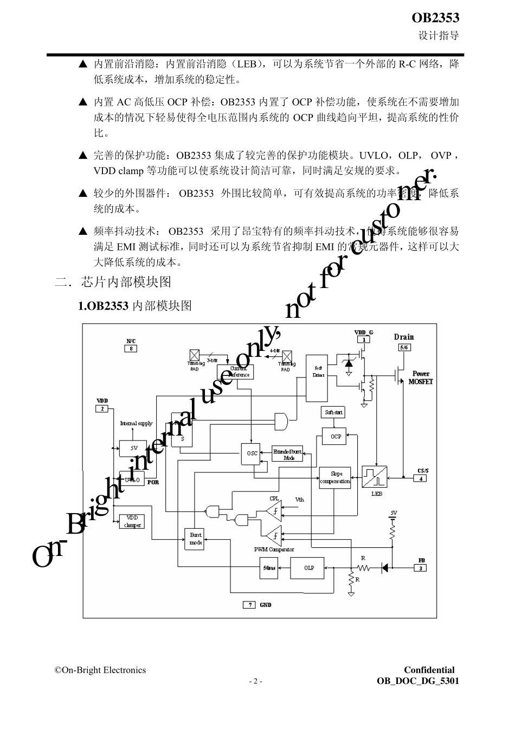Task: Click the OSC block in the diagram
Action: tap(252, 453)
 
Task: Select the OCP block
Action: tap(336, 436)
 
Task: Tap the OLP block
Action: tap(308, 568)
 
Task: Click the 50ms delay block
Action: tap(269, 568)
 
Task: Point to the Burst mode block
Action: tap(195, 538)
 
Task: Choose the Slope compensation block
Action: tap(335, 478)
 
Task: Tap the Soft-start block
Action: tap(333, 412)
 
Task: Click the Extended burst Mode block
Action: tap(288, 455)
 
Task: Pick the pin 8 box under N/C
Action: tap(131, 348)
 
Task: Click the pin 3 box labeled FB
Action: tap(420, 567)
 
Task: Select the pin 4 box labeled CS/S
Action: tap(421, 478)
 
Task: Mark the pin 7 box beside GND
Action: tap(249, 605)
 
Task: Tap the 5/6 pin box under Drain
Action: tap(404, 347)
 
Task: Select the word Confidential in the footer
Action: tap(429, 670)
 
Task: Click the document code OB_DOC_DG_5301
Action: tap(417, 681)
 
